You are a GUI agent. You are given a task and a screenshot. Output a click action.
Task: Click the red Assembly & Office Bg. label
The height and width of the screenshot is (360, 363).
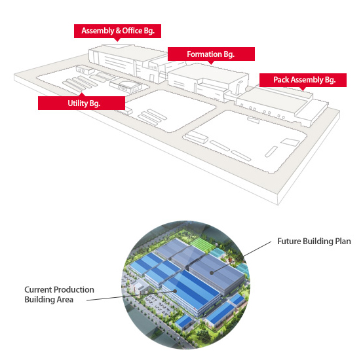117,31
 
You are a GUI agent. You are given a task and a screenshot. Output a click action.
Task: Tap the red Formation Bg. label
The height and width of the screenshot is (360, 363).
211,54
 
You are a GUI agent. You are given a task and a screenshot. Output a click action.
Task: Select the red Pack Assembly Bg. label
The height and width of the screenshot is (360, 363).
303,80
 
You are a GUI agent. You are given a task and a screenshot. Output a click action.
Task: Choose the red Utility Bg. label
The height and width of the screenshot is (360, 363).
81,103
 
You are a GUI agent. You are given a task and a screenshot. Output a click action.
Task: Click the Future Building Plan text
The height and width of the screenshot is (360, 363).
314,241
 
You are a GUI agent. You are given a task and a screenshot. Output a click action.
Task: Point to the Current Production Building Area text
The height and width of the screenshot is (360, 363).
59,295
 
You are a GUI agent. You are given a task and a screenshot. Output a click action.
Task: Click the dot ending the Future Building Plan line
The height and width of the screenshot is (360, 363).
212,273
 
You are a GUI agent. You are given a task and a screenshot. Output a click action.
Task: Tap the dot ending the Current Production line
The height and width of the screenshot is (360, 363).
175,291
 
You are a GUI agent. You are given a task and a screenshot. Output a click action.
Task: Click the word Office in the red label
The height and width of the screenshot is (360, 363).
132,31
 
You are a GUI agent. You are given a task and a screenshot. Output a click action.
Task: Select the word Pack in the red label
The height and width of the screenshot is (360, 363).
281,80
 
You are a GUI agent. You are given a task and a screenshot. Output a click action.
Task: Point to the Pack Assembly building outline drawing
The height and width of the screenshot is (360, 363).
282,105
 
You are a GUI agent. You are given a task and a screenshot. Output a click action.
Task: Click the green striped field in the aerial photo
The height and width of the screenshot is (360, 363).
201,243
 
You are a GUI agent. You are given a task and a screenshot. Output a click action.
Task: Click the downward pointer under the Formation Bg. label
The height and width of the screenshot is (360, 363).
211,62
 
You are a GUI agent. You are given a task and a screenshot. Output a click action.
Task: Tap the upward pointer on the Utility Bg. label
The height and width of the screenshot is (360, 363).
81,94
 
